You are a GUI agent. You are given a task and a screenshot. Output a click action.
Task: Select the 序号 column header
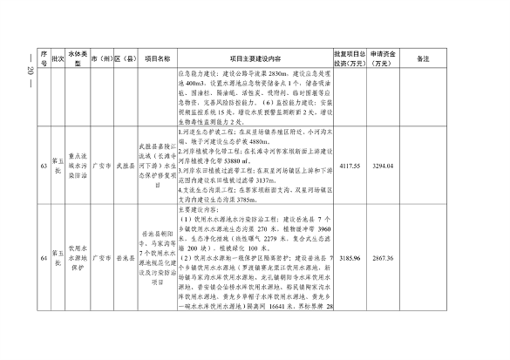point(42,58)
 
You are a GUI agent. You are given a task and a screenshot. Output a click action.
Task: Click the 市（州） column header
point(102,58)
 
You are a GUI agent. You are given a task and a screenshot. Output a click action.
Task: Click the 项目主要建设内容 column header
point(255,58)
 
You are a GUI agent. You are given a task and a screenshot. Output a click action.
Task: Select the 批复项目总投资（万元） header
point(350,58)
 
